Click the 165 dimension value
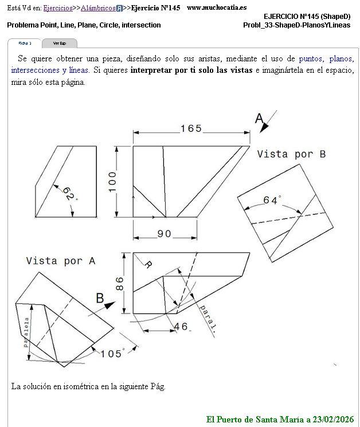(191, 128)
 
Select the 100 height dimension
(111, 182)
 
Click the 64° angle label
(272, 200)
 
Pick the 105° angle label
(112, 353)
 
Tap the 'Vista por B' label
(291, 154)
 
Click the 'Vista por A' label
(60, 260)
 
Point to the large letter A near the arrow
(259, 119)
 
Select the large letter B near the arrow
(100, 297)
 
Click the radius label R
(148, 265)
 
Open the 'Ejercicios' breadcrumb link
(58, 8)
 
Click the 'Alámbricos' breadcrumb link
(98, 8)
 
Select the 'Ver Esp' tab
(59, 43)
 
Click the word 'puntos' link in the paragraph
(311, 58)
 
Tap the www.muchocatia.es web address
(217, 7)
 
